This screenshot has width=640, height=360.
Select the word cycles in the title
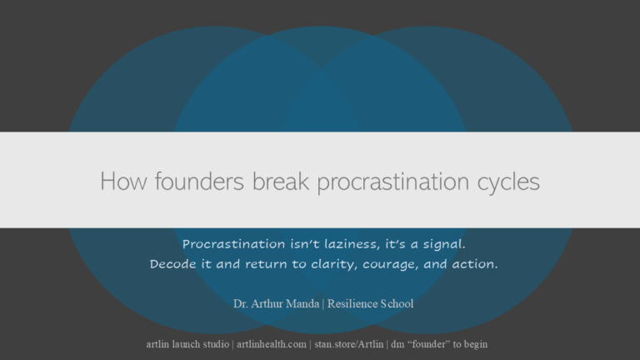tap(505, 181)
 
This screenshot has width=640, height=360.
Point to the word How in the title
tap(118, 181)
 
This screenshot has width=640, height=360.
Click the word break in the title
tap(262, 181)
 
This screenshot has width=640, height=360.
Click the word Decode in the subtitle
tap(172, 264)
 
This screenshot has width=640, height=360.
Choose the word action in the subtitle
tap(474, 264)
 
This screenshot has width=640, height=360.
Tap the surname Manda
tap(305, 303)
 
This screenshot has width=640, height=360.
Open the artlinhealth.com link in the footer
tap(272, 343)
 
